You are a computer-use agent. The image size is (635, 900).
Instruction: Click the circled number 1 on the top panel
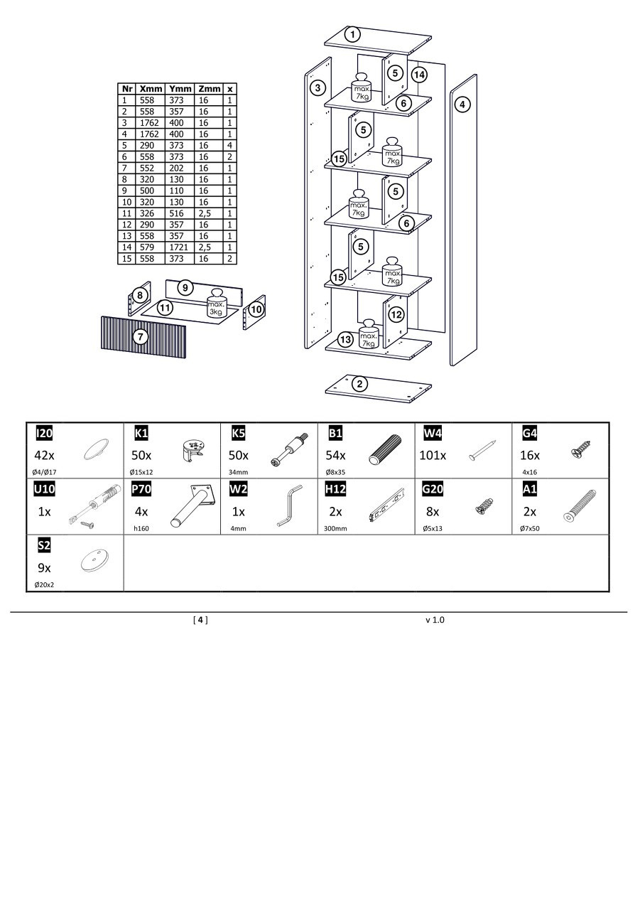[352, 35]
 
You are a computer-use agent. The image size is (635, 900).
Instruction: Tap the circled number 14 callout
[419, 75]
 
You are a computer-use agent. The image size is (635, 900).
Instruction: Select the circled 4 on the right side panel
[462, 105]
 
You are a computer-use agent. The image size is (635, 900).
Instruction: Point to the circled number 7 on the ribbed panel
[141, 336]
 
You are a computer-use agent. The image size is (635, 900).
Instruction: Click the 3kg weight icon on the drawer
[217, 304]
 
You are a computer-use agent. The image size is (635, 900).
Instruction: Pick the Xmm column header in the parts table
[151, 89]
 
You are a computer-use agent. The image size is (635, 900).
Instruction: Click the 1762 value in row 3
[149, 123]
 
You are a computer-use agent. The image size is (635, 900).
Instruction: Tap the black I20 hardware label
[44, 433]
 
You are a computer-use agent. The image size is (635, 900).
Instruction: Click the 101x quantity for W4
[433, 455]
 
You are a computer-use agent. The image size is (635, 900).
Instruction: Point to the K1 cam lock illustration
[190, 451]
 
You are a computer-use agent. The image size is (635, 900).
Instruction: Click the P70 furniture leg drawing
[194, 505]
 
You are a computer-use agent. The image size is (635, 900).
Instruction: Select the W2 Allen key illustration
[290, 505]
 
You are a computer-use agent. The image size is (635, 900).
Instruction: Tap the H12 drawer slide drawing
[386, 505]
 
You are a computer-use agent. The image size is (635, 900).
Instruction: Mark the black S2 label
[44, 545]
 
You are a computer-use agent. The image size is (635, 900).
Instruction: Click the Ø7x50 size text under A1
[530, 529]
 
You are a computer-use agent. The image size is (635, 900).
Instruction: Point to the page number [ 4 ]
[200, 620]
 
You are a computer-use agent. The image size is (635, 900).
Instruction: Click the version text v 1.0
[435, 620]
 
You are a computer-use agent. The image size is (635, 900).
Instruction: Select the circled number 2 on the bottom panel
[359, 384]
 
